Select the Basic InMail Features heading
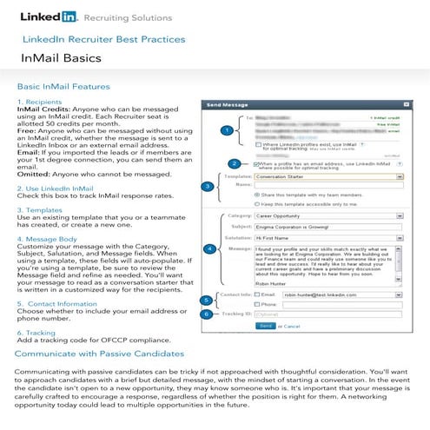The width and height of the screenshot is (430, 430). click(x=63, y=87)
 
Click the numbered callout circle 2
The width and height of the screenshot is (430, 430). click(x=234, y=163)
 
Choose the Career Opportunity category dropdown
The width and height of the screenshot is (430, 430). click(x=331, y=210)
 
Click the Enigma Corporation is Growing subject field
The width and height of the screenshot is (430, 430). click(x=331, y=222)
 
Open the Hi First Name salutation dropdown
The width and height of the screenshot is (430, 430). click(x=331, y=235)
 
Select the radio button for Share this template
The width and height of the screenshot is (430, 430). click(x=257, y=195)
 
